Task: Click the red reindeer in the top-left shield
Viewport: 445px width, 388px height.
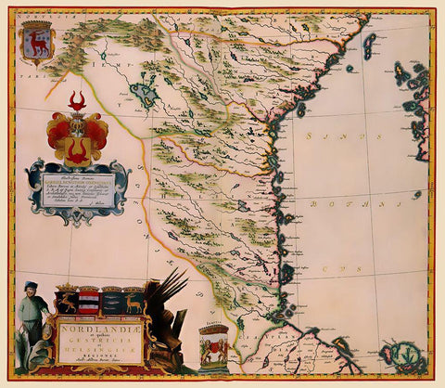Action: click(x=37, y=43)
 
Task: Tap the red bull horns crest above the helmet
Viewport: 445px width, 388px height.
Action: click(x=77, y=99)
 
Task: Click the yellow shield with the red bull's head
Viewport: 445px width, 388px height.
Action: click(x=77, y=148)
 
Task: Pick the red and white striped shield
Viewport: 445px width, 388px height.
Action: click(x=89, y=301)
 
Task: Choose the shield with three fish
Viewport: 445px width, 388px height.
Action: click(x=112, y=302)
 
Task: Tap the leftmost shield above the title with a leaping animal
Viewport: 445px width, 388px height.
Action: click(x=67, y=301)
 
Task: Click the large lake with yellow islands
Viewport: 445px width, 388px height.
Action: click(x=144, y=94)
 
